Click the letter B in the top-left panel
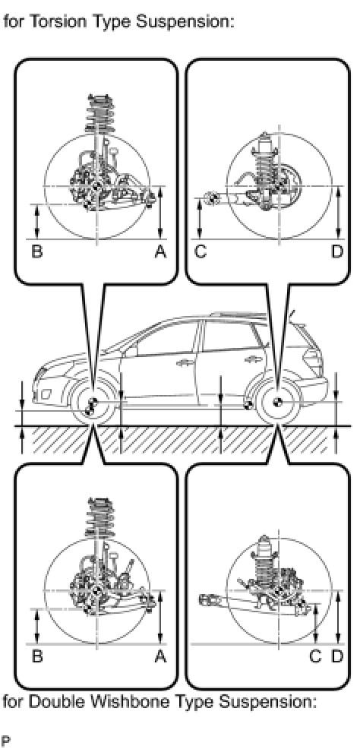click(36, 252)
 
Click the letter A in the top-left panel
click(161, 252)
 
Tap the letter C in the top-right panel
click(201, 252)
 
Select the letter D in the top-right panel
click(337, 252)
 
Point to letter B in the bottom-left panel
click(36, 657)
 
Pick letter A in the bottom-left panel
click(161, 657)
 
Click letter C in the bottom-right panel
click(315, 657)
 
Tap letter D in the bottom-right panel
click(337, 657)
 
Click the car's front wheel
click(92, 404)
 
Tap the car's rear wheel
click(278, 403)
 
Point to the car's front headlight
click(42, 375)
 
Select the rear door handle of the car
click(250, 359)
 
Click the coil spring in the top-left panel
click(99, 114)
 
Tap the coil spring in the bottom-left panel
click(99, 517)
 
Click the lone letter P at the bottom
click(6, 741)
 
